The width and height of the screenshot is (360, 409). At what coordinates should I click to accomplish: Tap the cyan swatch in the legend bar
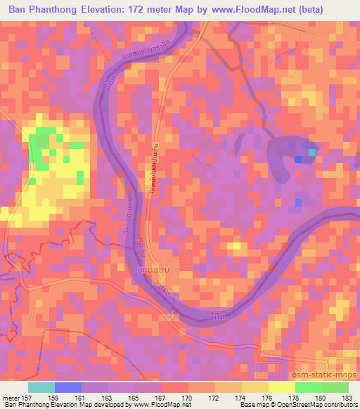41,387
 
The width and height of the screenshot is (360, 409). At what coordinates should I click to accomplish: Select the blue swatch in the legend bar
68,387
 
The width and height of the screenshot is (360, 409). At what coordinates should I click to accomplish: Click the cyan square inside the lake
312,151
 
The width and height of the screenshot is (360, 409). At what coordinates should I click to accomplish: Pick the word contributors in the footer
342,405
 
